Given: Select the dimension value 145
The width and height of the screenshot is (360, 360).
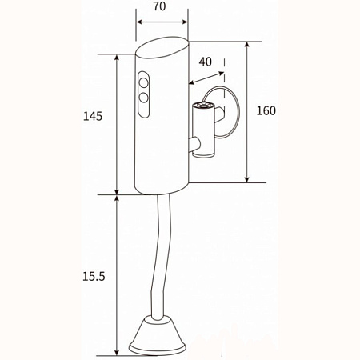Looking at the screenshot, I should pyautogui.click(x=93, y=116).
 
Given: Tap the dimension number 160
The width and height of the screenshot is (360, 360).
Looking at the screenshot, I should pyautogui.click(x=266, y=110).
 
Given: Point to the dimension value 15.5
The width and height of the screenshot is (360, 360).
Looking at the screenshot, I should pyautogui.click(x=94, y=275).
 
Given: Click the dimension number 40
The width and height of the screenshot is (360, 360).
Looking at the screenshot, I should pyautogui.click(x=206, y=62).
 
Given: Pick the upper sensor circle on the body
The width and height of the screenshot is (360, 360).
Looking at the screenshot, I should pyautogui.click(x=144, y=81).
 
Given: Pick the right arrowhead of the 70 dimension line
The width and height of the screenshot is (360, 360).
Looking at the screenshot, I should pyautogui.click(x=186, y=23).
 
